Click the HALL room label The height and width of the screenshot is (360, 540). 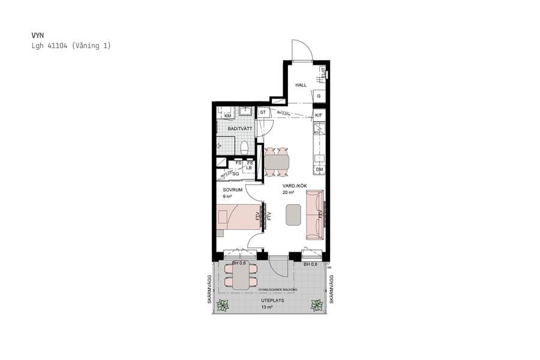click(301, 85)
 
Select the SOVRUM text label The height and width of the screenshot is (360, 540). click(232, 189)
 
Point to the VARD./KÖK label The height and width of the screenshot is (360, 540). click(295, 186)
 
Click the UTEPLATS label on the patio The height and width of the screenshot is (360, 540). click(272, 300)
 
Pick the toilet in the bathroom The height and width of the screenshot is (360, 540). click(244, 147)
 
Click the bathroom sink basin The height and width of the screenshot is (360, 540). click(245, 110)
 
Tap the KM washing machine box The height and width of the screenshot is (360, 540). click(227, 116)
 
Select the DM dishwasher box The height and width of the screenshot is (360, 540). click(319, 170)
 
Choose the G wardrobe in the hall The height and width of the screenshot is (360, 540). click(319, 96)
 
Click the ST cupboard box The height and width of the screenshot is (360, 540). click(263, 112)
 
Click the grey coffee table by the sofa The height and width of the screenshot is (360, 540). click(293, 215)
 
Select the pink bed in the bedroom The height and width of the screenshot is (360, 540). click(236, 217)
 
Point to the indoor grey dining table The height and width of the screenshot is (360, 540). click(277, 162)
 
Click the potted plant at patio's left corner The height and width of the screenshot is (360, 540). click(223, 305)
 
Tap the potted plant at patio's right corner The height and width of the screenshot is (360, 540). click(316, 305)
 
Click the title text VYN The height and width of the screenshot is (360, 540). click(37, 35)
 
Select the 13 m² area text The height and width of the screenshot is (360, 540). click(267, 307)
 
